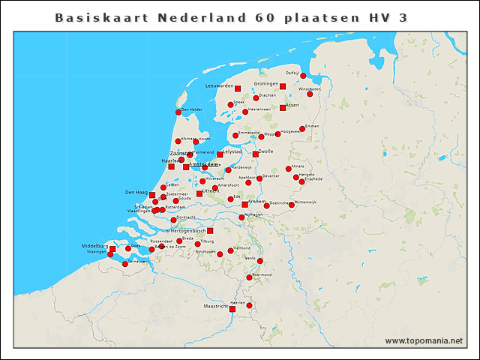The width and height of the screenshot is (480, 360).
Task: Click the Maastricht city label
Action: pos(216,307)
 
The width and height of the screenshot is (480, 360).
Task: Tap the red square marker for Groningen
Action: pos(283,86)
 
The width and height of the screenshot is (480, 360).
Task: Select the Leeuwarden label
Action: pos(220,86)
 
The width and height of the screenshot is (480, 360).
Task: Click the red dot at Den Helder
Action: pos(178,112)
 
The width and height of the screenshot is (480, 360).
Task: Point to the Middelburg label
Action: pos(95,246)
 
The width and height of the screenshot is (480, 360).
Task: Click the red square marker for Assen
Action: pos(283,108)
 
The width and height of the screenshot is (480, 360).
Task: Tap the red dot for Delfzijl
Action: pos(303,76)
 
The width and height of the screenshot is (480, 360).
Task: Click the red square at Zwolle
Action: pos(256,154)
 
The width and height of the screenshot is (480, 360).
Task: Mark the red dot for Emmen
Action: pos(303,129)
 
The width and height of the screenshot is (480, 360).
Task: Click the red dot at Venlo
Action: pos(260,261)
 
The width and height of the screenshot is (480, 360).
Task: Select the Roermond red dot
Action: pos(249,277)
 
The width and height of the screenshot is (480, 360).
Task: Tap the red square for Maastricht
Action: pos(232,308)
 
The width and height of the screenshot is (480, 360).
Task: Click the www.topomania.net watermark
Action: pos(424,340)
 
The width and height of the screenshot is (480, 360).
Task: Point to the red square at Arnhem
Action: pos(244,204)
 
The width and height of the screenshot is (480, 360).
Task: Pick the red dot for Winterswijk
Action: pos(292,205)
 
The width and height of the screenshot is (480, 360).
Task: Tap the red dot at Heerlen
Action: pos(249,304)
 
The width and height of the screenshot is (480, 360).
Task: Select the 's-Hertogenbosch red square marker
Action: pos(210,231)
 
